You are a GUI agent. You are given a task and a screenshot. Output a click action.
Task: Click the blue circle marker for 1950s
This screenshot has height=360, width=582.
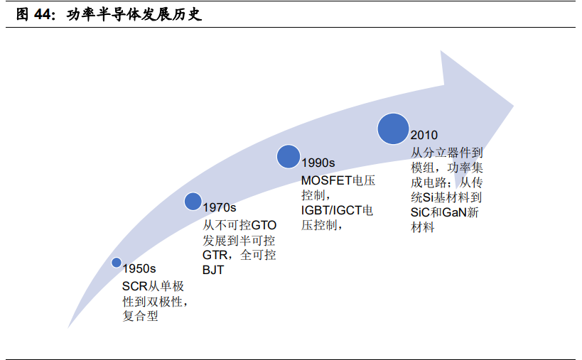[117, 262]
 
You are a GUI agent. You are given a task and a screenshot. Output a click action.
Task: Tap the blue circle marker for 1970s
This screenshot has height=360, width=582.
[193, 201]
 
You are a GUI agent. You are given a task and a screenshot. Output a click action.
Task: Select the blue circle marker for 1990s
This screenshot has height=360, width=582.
[288, 156]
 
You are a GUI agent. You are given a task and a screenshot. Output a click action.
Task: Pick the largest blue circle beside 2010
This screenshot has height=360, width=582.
[393, 129]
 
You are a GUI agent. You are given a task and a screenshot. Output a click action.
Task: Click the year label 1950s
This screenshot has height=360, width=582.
[139, 269]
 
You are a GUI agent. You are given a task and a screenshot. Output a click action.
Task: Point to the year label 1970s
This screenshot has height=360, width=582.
[219, 208]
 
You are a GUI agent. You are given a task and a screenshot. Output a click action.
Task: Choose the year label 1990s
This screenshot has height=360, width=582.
[318, 163]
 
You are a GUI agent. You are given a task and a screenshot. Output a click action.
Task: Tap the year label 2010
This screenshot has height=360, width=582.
[424, 136]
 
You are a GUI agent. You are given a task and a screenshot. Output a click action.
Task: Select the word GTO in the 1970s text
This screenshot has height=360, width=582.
[264, 225]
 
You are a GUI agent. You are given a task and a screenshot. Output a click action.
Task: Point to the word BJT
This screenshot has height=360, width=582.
[213, 271]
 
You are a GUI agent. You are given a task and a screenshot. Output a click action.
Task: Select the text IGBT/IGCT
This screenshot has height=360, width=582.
[331, 211]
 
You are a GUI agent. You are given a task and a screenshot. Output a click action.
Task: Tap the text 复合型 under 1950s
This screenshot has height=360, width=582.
[140, 317]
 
